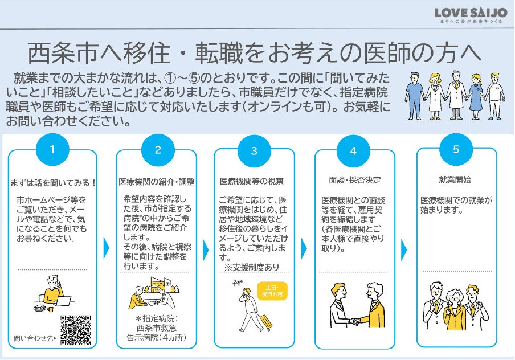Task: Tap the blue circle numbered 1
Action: coord(52,150)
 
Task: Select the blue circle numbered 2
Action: coord(157,150)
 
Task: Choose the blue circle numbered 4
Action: coord(353,152)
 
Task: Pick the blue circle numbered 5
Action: coord(456,149)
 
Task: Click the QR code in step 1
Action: coord(75,330)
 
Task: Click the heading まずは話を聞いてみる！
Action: coord(53,183)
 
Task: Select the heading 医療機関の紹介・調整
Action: coord(157,182)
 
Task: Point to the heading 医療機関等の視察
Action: coord(252,182)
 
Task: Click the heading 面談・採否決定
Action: coord(354,181)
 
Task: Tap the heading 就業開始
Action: coord(455,180)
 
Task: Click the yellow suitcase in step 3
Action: coord(265,321)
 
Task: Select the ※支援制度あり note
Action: coord(251,267)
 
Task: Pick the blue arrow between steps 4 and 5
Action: coord(404,249)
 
